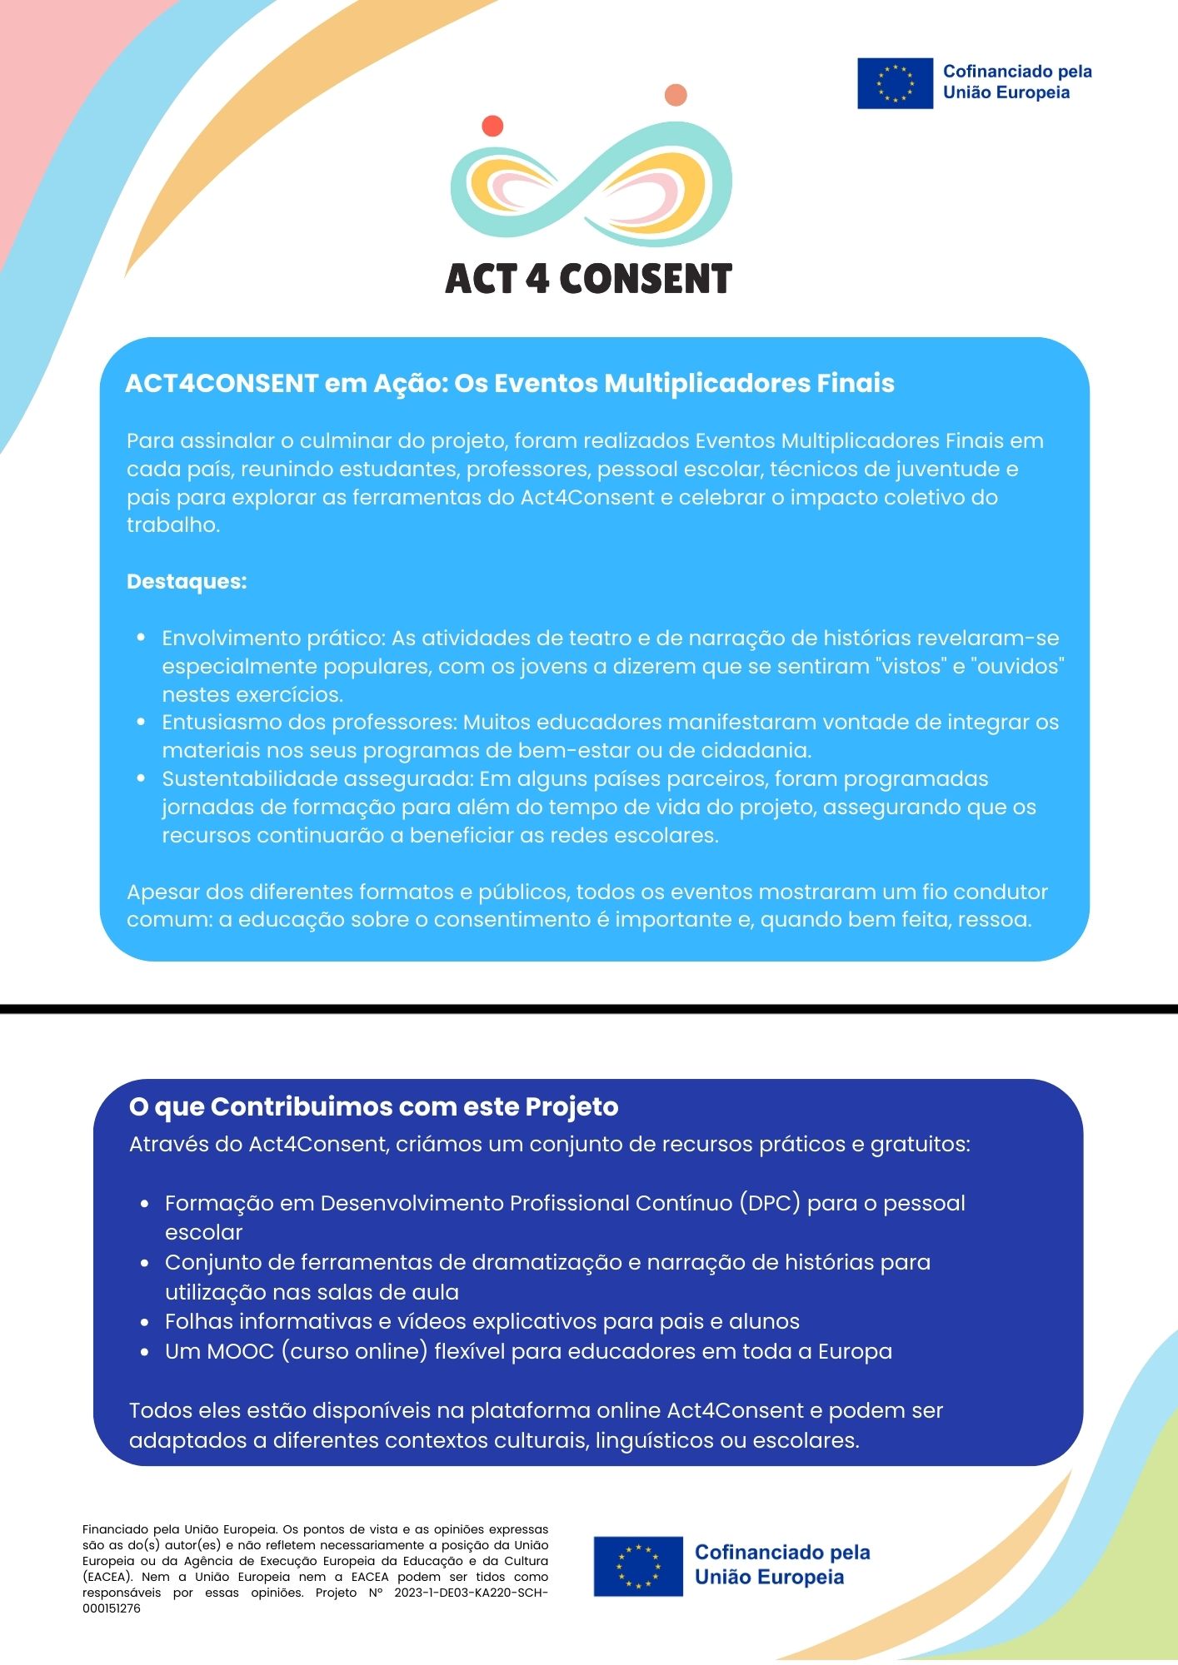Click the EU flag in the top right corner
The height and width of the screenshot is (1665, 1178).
(x=895, y=83)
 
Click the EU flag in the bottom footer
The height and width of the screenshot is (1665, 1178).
(x=638, y=1566)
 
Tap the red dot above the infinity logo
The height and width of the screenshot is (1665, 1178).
(x=492, y=126)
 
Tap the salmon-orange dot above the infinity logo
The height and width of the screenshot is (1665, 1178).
(x=676, y=95)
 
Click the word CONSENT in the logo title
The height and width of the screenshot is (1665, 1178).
(x=646, y=279)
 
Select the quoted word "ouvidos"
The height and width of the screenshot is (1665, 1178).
(x=1017, y=666)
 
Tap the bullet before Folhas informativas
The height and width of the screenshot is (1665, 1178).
(x=145, y=1322)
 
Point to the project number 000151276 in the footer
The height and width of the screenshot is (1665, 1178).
(x=112, y=1608)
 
